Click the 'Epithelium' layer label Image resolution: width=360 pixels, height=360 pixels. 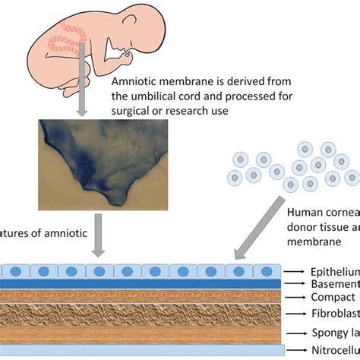tap(335, 270)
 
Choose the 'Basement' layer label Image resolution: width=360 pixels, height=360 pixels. tap(335, 283)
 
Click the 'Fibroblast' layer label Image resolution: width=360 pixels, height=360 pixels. tap(335, 312)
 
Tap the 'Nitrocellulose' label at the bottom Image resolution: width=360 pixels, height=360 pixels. tap(335, 349)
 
